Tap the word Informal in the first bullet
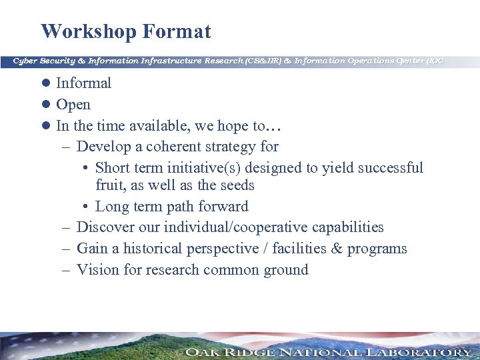tap(83, 83)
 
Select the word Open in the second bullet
tap(73, 105)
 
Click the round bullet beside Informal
tap(47, 83)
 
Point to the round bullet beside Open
tap(47, 105)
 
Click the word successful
tap(390, 167)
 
